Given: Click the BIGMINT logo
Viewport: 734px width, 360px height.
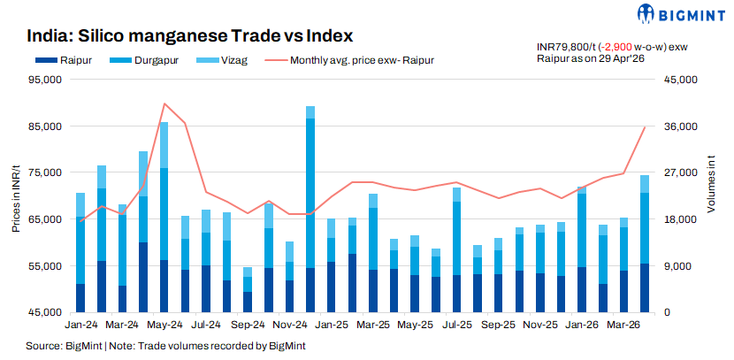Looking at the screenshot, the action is (x=681, y=14).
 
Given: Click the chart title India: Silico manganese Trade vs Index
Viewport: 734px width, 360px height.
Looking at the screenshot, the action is (x=189, y=36).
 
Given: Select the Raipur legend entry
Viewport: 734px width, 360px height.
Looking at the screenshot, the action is (x=63, y=60).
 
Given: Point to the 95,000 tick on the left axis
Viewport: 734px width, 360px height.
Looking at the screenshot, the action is (x=50, y=80).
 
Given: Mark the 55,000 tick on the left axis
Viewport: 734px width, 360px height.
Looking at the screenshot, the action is (x=50, y=266).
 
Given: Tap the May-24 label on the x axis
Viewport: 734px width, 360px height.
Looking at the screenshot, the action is (x=164, y=325).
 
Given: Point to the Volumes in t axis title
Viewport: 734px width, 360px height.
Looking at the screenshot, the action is (x=712, y=184).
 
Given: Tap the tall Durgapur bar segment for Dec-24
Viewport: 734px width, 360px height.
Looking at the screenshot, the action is (x=310, y=194).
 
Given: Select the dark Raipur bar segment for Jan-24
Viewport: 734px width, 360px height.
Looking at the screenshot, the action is (x=80, y=298).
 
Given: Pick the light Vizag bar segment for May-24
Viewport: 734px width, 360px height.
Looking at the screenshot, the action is (x=164, y=145).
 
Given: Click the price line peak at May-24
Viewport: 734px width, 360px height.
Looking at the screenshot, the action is (x=164, y=103).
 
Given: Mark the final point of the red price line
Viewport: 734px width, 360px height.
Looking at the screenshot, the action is (x=645, y=126).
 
